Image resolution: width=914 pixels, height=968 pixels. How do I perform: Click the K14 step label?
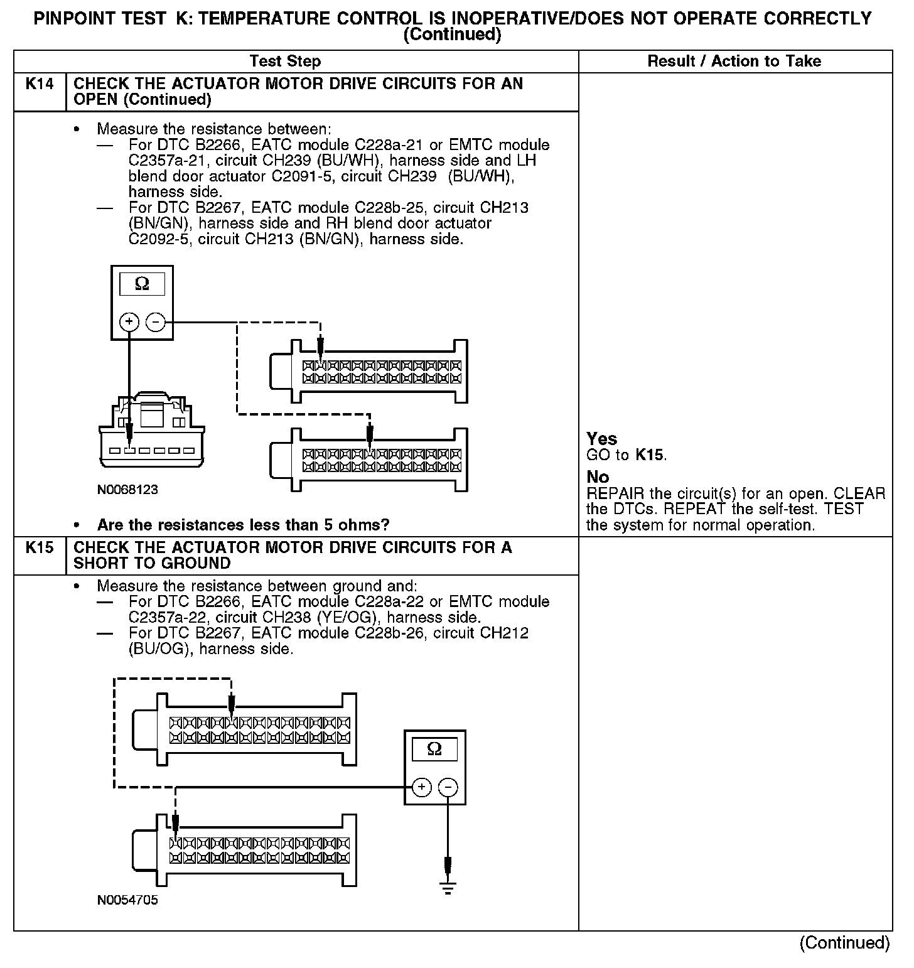point(39,84)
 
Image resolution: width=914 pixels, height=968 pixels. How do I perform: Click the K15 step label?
point(39,548)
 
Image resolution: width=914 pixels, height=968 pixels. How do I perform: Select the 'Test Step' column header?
point(285,62)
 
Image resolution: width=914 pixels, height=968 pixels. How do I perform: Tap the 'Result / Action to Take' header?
point(734,62)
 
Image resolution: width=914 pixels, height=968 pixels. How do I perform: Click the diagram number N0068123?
point(127,490)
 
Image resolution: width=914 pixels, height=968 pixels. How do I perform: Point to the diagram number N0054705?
point(127,900)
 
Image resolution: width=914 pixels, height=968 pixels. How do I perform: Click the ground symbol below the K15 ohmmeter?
point(448,887)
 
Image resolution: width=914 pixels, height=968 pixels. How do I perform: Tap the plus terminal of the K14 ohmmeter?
point(129,323)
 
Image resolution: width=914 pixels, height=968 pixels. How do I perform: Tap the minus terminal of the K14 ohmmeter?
point(155,323)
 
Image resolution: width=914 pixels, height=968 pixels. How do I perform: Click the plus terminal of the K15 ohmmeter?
point(422,787)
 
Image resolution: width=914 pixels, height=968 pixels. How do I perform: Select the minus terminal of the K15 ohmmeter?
point(448,787)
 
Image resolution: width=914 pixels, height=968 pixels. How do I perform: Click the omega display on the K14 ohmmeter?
point(142,284)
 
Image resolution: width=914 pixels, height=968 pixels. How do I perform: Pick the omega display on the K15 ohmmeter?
point(434,749)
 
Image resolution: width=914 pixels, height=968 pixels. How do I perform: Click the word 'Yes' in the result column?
point(601,439)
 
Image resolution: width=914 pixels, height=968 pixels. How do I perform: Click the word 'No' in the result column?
point(597,477)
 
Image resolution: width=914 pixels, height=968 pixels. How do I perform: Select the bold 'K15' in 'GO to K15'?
point(649,454)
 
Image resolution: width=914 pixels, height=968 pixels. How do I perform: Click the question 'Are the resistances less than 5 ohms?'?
point(244,525)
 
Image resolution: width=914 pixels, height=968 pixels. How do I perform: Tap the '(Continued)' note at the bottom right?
point(844,943)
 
